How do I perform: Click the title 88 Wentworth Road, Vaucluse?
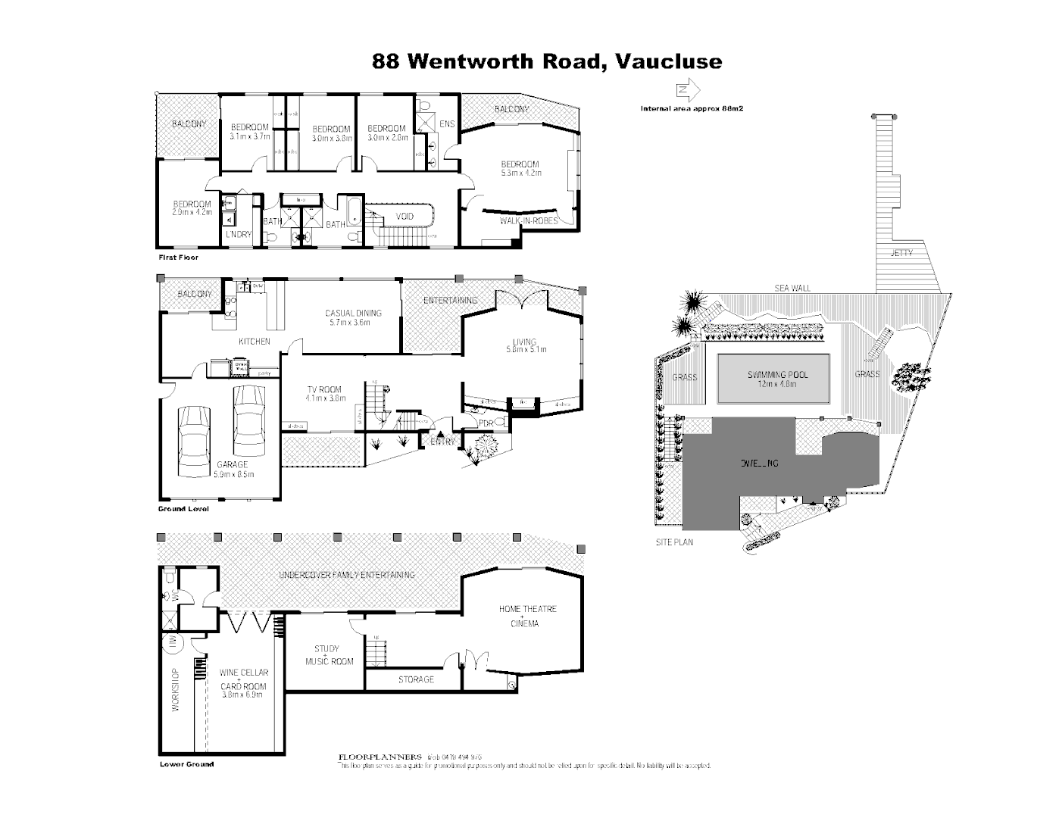547,61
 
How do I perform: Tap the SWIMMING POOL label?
777,375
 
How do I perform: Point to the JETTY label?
901,253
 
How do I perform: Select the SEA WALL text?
792,288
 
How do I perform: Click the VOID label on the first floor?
405,217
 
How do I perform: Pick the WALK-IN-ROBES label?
528,221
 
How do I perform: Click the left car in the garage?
194,440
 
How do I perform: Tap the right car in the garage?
248,417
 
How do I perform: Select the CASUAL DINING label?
353,313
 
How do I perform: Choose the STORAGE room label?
416,679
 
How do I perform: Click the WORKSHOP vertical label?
175,689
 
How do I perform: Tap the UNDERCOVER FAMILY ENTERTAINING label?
347,575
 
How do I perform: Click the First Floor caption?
178,258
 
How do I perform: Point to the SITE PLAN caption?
674,542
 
